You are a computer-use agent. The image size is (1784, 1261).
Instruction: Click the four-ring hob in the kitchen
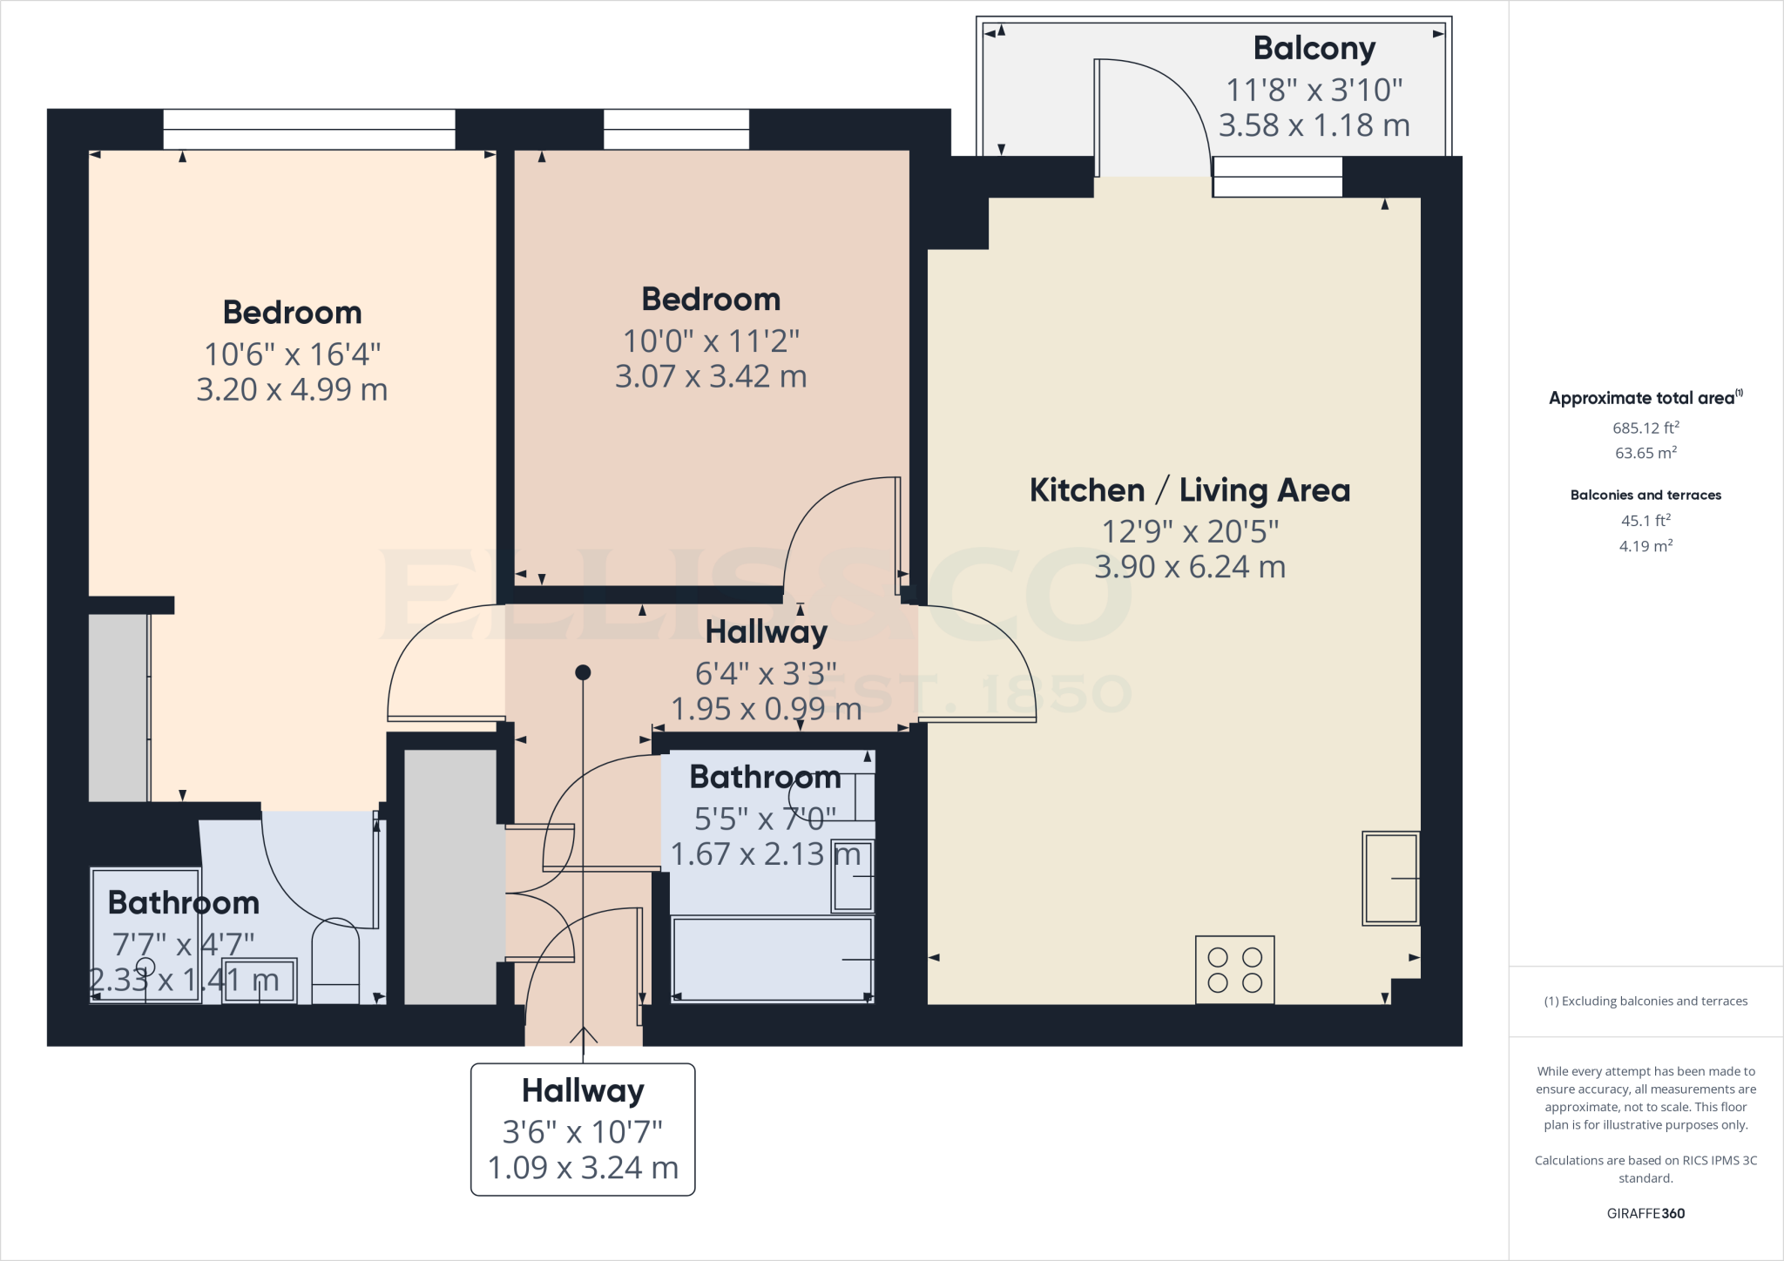click(1234, 970)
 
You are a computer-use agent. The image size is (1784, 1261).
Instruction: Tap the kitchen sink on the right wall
click(1390, 878)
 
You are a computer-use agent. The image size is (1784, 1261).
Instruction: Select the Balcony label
click(1314, 49)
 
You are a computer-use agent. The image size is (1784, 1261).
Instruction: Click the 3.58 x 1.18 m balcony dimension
click(1314, 125)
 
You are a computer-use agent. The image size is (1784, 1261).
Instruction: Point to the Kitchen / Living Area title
click(1189, 490)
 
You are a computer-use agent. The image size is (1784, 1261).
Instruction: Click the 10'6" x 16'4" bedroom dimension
click(292, 354)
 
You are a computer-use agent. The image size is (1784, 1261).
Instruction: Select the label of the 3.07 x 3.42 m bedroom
click(711, 300)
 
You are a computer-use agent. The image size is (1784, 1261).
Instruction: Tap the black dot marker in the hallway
click(583, 672)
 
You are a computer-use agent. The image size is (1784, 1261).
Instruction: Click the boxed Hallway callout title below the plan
click(583, 1090)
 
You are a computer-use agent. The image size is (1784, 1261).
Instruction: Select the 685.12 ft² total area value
click(1645, 428)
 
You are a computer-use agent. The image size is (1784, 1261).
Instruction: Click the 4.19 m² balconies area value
click(1645, 546)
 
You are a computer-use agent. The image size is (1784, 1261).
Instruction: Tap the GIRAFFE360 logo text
click(1645, 1213)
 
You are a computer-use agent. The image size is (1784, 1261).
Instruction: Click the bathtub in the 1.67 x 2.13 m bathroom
click(772, 958)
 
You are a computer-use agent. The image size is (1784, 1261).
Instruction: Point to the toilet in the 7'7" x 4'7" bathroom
click(335, 962)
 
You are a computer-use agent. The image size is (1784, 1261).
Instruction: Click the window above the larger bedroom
click(308, 129)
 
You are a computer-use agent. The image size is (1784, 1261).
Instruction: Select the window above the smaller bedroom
click(676, 129)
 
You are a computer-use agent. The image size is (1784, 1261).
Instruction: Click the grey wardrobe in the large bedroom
click(118, 707)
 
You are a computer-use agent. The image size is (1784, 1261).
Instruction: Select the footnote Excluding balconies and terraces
click(1645, 1001)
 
